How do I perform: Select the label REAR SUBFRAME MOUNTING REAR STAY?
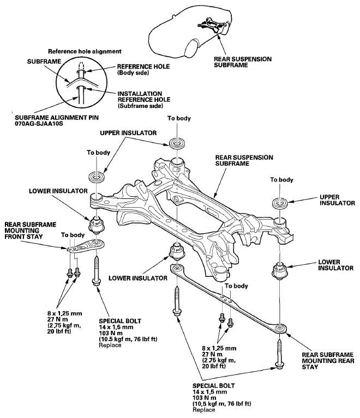coord(324,359)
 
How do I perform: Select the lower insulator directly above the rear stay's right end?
coord(279,271)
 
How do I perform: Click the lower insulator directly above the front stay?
coord(95,223)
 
